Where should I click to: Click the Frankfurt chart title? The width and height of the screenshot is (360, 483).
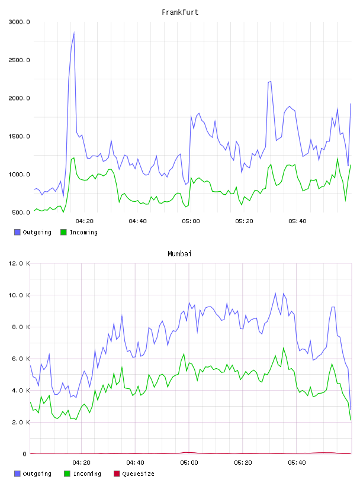[x=180, y=12]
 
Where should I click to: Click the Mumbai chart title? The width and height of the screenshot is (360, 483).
[x=179, y=253]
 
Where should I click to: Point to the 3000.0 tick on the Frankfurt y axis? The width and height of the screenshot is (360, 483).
[x=19, y=22]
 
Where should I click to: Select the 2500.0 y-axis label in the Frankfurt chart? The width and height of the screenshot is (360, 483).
[x=19, y=60]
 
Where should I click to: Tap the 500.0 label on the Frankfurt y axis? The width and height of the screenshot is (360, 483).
[x=21, y=212]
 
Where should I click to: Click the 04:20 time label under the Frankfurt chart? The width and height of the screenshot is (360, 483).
[x=85, y=221]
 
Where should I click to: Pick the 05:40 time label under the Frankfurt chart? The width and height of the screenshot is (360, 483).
[x=297, y=221]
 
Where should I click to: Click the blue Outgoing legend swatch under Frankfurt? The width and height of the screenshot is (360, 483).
[x=17, y=232]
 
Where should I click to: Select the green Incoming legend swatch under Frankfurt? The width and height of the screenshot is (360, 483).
[x=63, y=232]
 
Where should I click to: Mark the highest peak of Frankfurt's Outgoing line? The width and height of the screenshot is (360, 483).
[x=74, y=33]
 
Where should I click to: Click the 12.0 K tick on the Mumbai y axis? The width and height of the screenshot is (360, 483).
[x=19, y=263]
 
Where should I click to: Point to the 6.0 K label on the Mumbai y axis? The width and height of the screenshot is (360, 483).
[x=21, y=359]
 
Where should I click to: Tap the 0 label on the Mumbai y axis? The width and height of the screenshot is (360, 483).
[x=25, y=454]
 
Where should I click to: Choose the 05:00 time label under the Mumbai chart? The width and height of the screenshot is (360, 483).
[x=189, y=462]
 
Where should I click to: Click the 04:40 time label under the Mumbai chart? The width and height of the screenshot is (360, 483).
[x=136, y=462]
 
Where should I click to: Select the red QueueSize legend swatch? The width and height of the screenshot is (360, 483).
[x=117, y=474]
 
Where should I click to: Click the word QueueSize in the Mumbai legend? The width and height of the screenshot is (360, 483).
[x=139, y=474]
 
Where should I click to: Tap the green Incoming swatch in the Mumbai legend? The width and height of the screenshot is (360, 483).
[x=67, y=474]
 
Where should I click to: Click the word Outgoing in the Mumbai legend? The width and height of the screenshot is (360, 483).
[x=37, y=474]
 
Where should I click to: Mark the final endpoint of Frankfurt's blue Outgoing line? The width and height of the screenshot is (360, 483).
[x=351, y=104]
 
